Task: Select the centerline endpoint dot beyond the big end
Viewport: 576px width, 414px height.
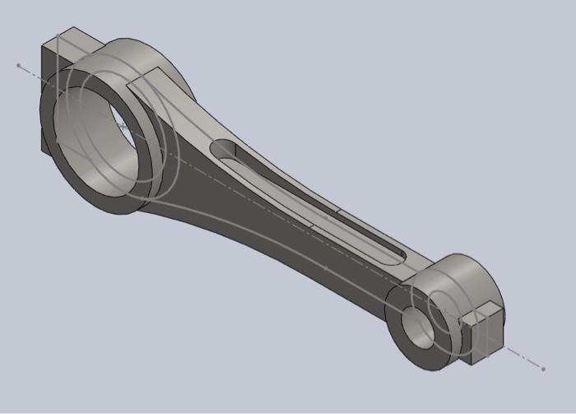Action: pyautogui.click(x=18, y=64)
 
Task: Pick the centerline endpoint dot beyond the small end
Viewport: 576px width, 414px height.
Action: pyautogui.click(x=543, y=368)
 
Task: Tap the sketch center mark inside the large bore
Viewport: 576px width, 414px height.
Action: pyautogui.click(x=122, y=126)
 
